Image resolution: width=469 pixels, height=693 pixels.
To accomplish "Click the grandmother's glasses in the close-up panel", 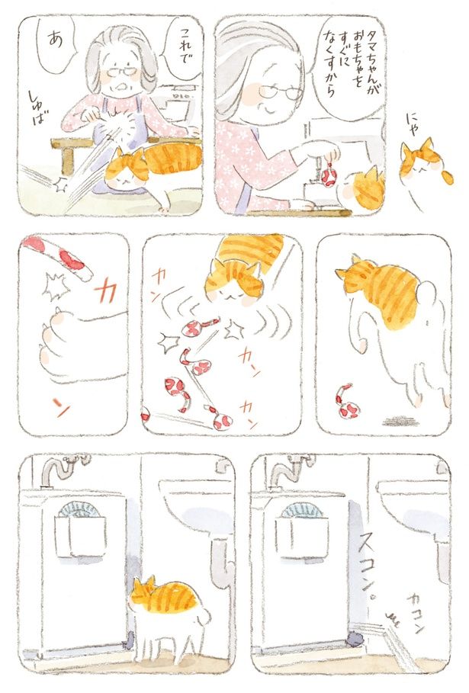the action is [x=281, y=92].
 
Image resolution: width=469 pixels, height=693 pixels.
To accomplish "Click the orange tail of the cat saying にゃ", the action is [x=448, y=176].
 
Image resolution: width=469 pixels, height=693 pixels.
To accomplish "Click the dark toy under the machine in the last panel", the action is [x=354, y=637].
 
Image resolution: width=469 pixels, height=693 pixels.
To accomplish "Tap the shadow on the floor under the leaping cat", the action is [x=400, y=422].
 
